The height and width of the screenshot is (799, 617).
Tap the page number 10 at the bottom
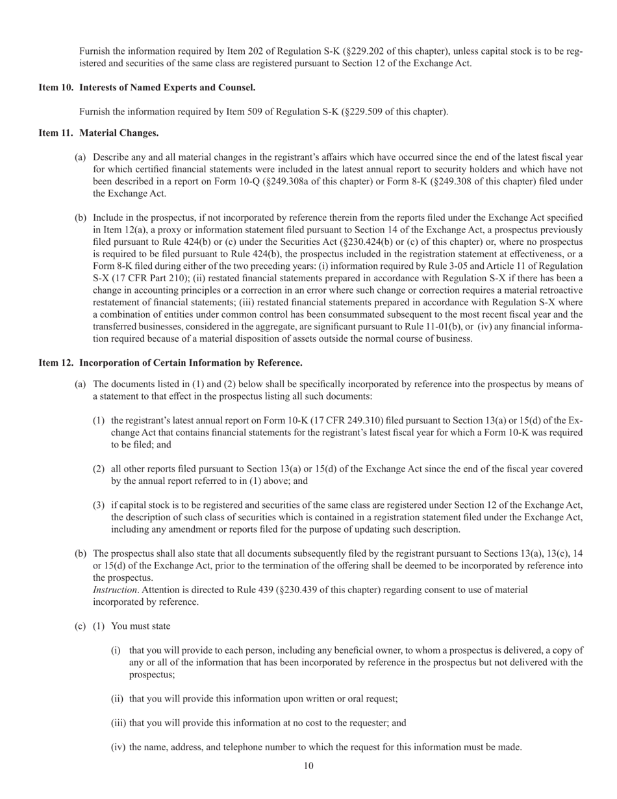[308, 766]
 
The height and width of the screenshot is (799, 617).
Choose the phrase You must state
[141, 626]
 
